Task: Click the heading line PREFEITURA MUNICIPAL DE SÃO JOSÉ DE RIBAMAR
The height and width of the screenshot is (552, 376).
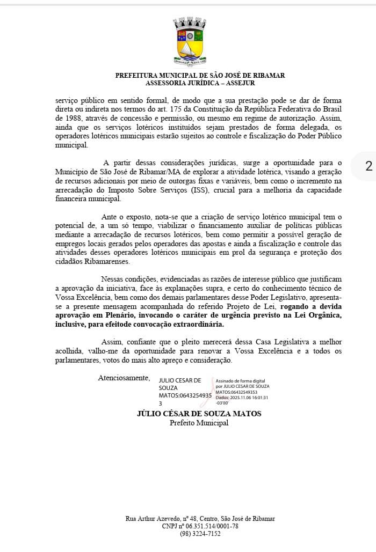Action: click(200, 76)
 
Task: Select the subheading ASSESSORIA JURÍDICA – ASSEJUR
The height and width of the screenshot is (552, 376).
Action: click(200, 83)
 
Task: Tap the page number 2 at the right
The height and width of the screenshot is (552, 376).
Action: click(368, 166)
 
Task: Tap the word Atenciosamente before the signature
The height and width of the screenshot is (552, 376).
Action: click(124, 378)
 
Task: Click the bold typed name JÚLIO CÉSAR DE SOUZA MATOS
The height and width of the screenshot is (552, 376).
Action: click(199, 414)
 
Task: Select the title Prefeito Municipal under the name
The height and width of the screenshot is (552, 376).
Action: click(199, 423)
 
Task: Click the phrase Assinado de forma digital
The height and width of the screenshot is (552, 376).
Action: click(240, 380)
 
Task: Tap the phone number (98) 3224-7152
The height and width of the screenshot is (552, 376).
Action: click(200, 534)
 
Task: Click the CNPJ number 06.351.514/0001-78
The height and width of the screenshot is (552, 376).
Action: click(210, 526)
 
